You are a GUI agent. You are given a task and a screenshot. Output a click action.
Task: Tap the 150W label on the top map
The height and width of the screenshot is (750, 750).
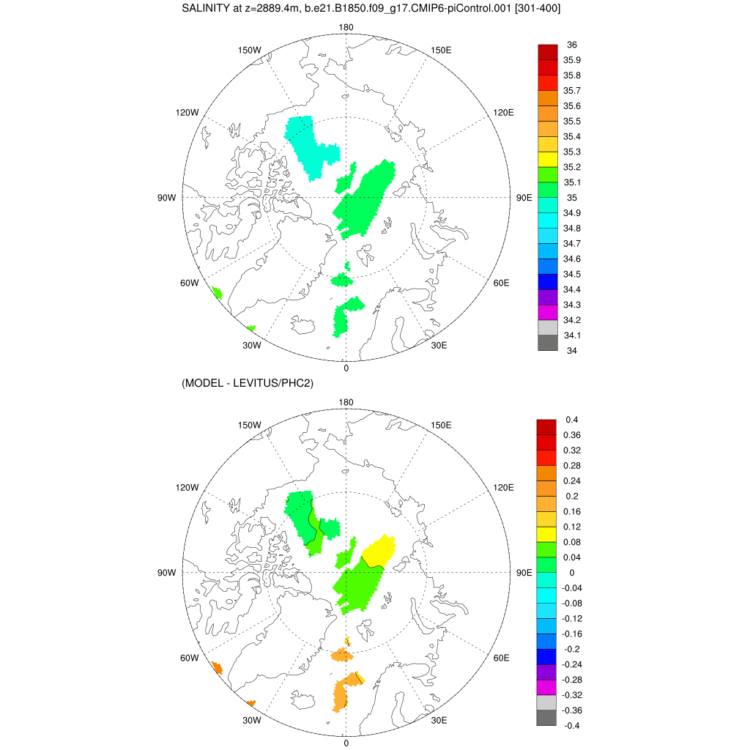click(x=250, y=50)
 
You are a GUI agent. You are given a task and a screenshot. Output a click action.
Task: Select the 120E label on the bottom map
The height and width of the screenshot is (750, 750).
click(x=504, y=488)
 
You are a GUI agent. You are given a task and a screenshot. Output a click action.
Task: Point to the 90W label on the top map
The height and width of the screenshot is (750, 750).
click(x=166, y=198)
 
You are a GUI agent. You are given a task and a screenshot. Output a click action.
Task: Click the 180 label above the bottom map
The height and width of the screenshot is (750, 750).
click(x=346, y=403)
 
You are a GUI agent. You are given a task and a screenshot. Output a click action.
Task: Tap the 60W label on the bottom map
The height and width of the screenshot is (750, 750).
click(x=190, y=658)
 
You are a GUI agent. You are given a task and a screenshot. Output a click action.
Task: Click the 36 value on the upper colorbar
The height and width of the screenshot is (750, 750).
click(x=572, y=45)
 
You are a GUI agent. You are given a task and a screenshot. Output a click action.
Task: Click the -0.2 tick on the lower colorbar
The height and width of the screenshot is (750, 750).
click(x=572, y=649)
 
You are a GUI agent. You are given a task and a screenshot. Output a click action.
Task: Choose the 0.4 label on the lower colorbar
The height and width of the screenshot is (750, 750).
click(x=572, y=420)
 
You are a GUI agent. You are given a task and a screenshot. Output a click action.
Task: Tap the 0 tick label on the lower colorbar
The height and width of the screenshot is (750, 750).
click(x=572, y=573)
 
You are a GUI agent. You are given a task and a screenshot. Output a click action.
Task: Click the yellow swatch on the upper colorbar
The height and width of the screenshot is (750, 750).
click(x=548, y=159)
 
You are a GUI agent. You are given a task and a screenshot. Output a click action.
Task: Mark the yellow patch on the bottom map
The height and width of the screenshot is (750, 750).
click(x=380, y=550)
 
